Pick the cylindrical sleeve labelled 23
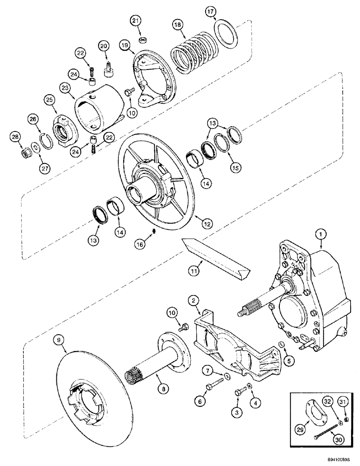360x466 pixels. click(98, 105)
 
